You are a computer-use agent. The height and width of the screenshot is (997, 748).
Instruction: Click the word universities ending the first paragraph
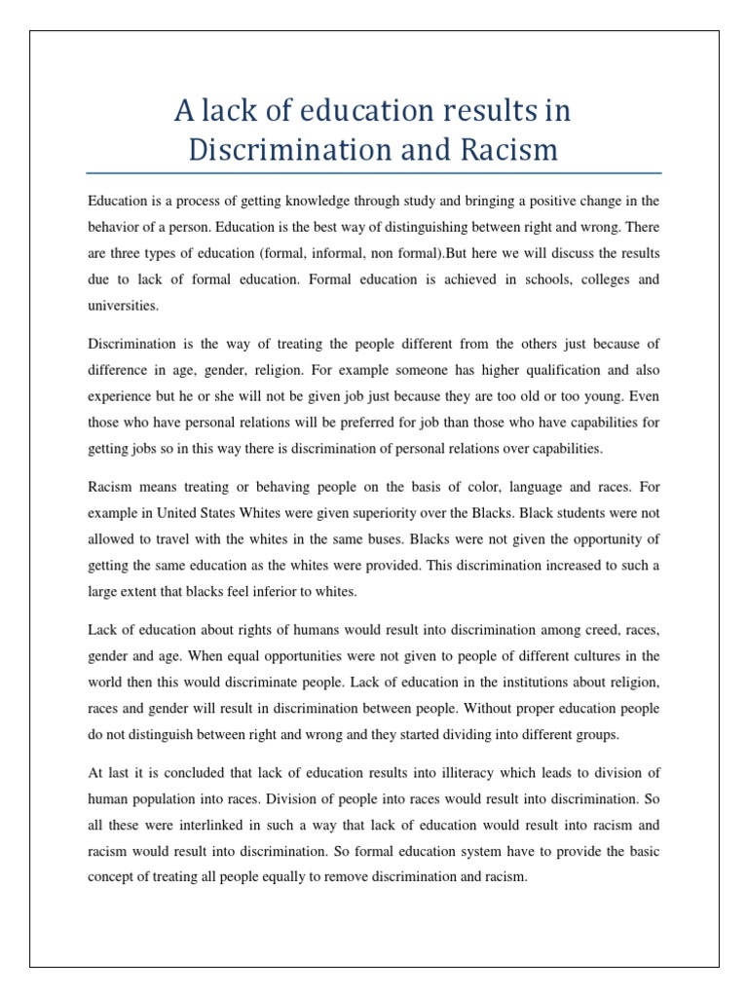(x=122, y=305)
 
